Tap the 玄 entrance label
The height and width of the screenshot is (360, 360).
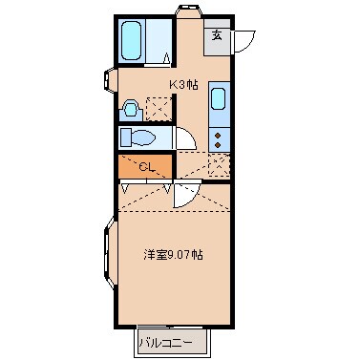click(x=217, y=36)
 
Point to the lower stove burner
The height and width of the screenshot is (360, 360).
click(x=217, y=144)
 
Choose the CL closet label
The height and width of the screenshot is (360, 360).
click(x=146, y=167)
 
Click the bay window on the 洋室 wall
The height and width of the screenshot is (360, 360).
click(x=107, y=258)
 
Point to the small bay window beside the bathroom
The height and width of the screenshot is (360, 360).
click(x=111, y=84)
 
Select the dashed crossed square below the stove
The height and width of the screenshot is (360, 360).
click(x=218, y=164)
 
